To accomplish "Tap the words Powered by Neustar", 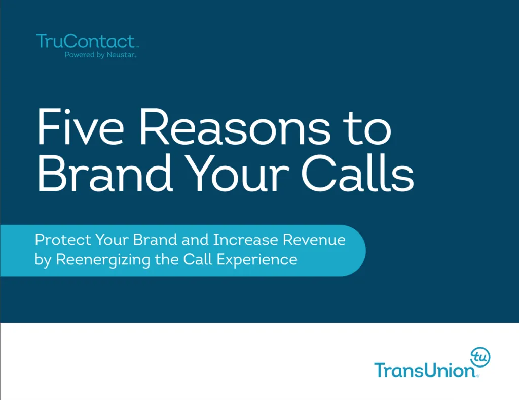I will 100,55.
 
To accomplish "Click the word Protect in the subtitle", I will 56,240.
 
